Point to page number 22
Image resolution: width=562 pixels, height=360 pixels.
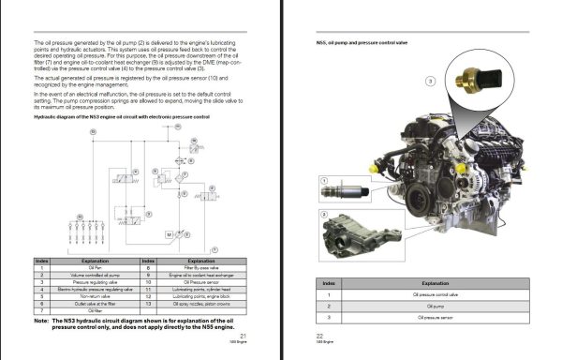319,335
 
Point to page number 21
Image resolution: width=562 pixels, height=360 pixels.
244,335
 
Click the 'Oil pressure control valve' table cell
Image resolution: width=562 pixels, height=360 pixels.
434,294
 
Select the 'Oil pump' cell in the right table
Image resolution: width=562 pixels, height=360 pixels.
434,306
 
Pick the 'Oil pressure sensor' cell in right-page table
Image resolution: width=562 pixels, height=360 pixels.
434,318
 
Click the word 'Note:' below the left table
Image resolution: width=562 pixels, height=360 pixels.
43,320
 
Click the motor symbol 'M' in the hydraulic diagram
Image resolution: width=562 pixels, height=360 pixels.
169,232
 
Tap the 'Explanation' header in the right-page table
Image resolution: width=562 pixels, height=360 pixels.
434,282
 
